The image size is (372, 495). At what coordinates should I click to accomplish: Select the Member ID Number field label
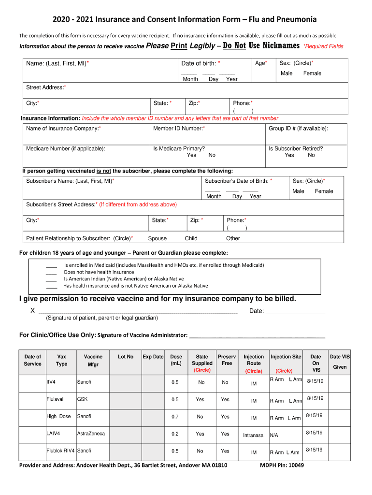pos(179,129)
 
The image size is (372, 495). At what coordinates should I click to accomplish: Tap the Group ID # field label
pos(298,129)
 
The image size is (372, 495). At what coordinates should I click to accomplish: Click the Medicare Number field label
pos(65,149)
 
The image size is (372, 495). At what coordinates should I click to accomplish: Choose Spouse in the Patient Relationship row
pos(157,238)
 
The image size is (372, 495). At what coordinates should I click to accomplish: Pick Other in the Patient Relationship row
pos(233,238)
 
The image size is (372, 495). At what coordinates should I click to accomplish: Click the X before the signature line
pos(32,311)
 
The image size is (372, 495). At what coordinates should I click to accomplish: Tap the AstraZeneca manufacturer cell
pos(91,434)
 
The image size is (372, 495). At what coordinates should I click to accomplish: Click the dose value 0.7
pos(175,417)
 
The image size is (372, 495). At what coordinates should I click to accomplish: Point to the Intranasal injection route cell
pos(254,436)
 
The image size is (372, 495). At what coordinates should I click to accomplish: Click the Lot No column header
pos(126,357)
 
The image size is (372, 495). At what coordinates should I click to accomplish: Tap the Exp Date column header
pos(153,357)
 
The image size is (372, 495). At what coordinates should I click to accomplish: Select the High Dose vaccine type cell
pos(58,416)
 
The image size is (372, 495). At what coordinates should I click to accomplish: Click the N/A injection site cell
pos(274,436)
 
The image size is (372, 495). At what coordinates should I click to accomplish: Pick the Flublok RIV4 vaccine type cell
pos(60,451)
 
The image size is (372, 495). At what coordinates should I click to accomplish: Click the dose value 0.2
pos(175,434)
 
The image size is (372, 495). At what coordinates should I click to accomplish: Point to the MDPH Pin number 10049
pos(296,466)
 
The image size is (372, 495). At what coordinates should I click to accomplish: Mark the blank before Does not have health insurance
pos(51,272)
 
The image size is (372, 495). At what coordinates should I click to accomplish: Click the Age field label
pos(261,63)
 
